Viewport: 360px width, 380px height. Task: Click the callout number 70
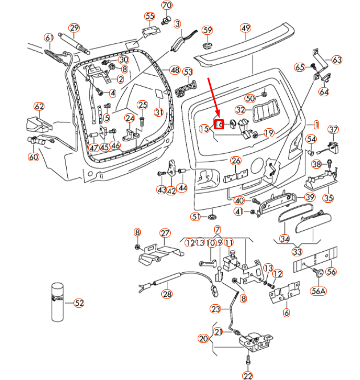166,6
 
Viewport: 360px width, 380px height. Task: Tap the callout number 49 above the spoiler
246,28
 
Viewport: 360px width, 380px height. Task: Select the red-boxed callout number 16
219,124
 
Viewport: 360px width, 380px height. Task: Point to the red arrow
212,97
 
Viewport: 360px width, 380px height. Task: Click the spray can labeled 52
56,301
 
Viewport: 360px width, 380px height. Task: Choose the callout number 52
79,303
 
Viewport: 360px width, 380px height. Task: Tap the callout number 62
39,107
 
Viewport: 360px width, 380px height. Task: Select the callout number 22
247,375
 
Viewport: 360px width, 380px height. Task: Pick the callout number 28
166,294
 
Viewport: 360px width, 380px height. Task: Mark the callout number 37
333,129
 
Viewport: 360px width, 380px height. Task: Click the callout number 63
337,59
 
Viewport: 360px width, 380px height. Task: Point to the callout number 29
74,28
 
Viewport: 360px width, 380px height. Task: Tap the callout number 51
195,216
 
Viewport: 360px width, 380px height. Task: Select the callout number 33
297,251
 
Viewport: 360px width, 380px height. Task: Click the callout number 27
165,233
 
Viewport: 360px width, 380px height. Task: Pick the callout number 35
328,198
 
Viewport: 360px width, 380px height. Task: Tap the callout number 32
240,110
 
